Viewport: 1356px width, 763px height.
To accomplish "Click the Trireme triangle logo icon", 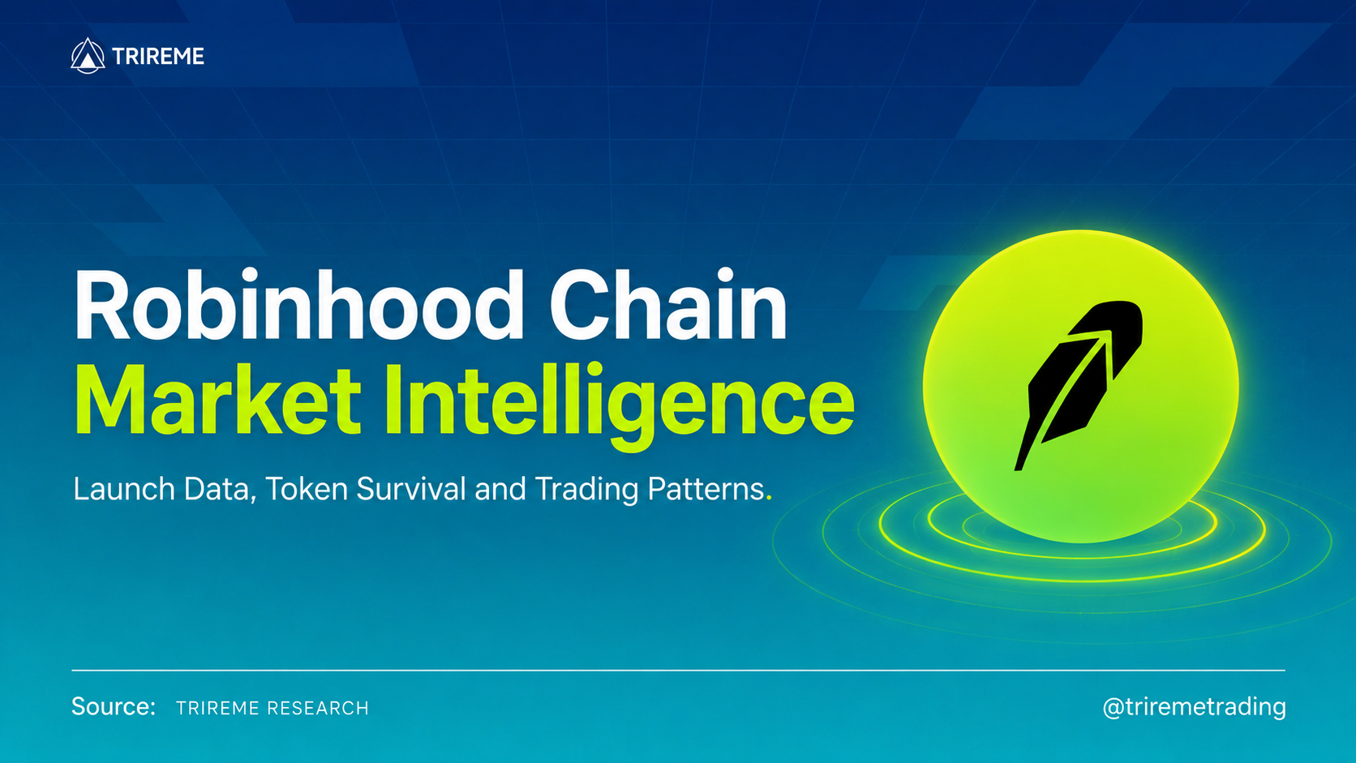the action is click(88, 56).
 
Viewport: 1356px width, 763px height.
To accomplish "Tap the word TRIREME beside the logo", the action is click(158, 57).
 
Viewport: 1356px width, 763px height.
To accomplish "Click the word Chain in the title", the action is click(667, 306).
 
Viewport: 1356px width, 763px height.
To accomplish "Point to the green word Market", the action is click(217, 400).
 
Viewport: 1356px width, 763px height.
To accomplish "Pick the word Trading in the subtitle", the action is click(586, 490).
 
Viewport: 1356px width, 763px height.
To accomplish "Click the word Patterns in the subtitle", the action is click(706, 489).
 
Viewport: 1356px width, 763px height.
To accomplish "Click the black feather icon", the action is click(1079, 385).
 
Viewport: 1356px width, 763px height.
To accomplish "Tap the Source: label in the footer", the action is click(114, 706).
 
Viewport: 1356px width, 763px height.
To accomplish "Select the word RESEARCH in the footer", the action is click(318, 708).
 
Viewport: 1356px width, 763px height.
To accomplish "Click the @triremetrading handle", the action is click(1194, 707).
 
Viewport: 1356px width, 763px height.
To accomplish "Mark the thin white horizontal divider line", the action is click(678, 671).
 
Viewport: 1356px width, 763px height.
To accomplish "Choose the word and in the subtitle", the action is click(500, 489).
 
